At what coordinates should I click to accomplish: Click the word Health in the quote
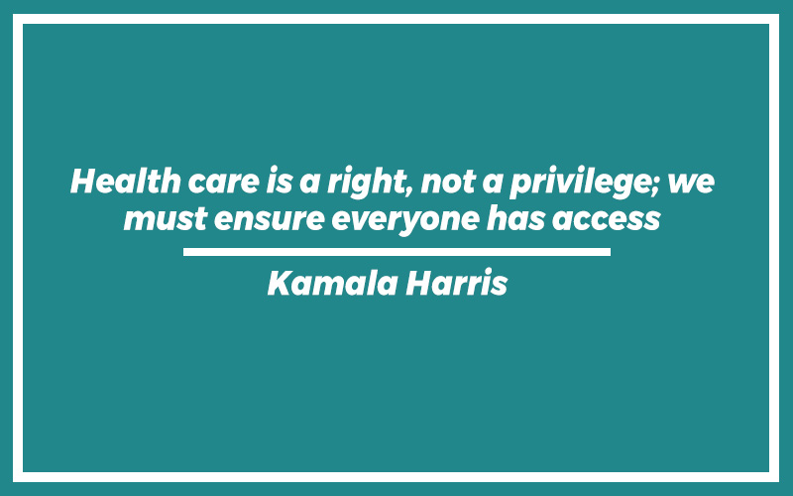[x=126, y=181]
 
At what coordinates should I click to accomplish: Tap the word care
[x=224, y=183]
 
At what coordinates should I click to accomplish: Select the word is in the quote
[x=280, y=181]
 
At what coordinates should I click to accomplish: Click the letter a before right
[x=309, y=184]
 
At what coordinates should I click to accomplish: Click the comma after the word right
[x=408, y=191]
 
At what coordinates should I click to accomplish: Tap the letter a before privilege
[x=493, y=184]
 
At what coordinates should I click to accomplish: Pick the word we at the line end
[x=690, y=184]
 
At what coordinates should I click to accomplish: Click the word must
[x=166, y=219]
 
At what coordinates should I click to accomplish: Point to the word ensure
[x=269, y=220]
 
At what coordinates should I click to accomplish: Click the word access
[x=607, y=220]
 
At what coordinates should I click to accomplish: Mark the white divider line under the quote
[x=397, y=252]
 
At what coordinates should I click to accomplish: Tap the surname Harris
[x=457, y=283]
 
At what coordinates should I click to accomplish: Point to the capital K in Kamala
[x=280, y=283]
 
